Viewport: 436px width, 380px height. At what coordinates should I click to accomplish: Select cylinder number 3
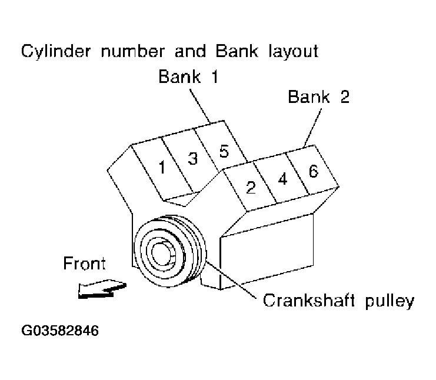pyautogui.click(x=192, y=158)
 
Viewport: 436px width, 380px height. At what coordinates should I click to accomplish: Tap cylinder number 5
pyautogui.click(x=222, y=150)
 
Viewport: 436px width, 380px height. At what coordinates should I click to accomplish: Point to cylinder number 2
pyautogui.click(x=251, y=188)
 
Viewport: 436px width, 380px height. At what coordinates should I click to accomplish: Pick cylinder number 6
pyautogui.click(x=313, y=171)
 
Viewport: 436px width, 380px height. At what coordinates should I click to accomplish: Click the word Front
pyautogui.click(x=85, y=264)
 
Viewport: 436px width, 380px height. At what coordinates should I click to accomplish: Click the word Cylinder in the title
pyautogui.click(x=58, y=51)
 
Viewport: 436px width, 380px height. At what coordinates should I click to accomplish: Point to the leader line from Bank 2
pyautogui.click(x=311, y=126)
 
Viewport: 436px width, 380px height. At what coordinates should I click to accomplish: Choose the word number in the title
pyautogui.click(x=135, y=51)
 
